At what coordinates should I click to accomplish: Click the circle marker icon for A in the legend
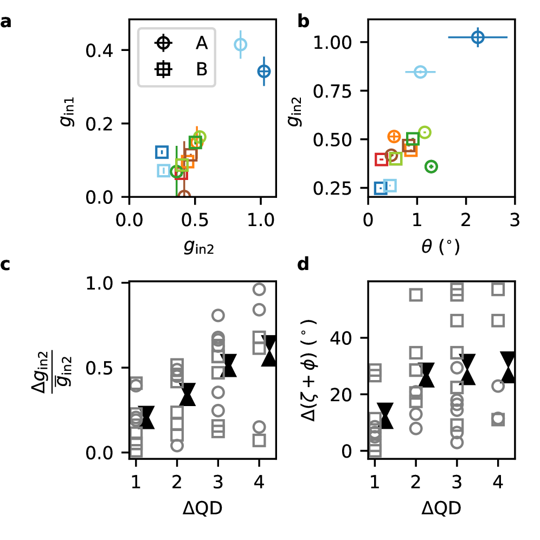(x=163, y=43)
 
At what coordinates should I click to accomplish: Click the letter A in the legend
(x=202, y=43)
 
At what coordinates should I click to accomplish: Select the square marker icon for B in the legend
(x=163, y=69)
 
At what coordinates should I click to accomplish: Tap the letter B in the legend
(x=202, y=69)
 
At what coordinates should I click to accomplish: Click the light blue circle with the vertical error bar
(x=241, y=44)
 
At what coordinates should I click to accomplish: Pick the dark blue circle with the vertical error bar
(x=264, y=71)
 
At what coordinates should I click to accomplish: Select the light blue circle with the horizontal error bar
(x=420, y=72)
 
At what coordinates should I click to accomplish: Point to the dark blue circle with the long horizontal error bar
(x=478, y=37)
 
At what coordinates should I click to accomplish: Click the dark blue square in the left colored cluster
(x=162, y=152)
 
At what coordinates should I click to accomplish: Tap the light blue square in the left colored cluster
(x=164, y=171)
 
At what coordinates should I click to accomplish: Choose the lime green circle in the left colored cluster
(x=200, y=136)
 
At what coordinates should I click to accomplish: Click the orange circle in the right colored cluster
(x=394, y=137)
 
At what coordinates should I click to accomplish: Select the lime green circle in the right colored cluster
(x=425, y=132)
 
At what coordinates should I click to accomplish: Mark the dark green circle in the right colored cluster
(x=431, y=166)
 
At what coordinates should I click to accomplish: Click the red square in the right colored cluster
(x=382, y=159)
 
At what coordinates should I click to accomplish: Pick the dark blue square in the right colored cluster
(x=380, y=188)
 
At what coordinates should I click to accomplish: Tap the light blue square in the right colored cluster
(x=390, y=185)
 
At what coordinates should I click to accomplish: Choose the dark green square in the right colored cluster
(x=413, y=139)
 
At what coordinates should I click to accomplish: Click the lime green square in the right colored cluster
(x=396, y=158)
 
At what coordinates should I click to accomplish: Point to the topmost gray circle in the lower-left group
(x=259, y=290)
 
